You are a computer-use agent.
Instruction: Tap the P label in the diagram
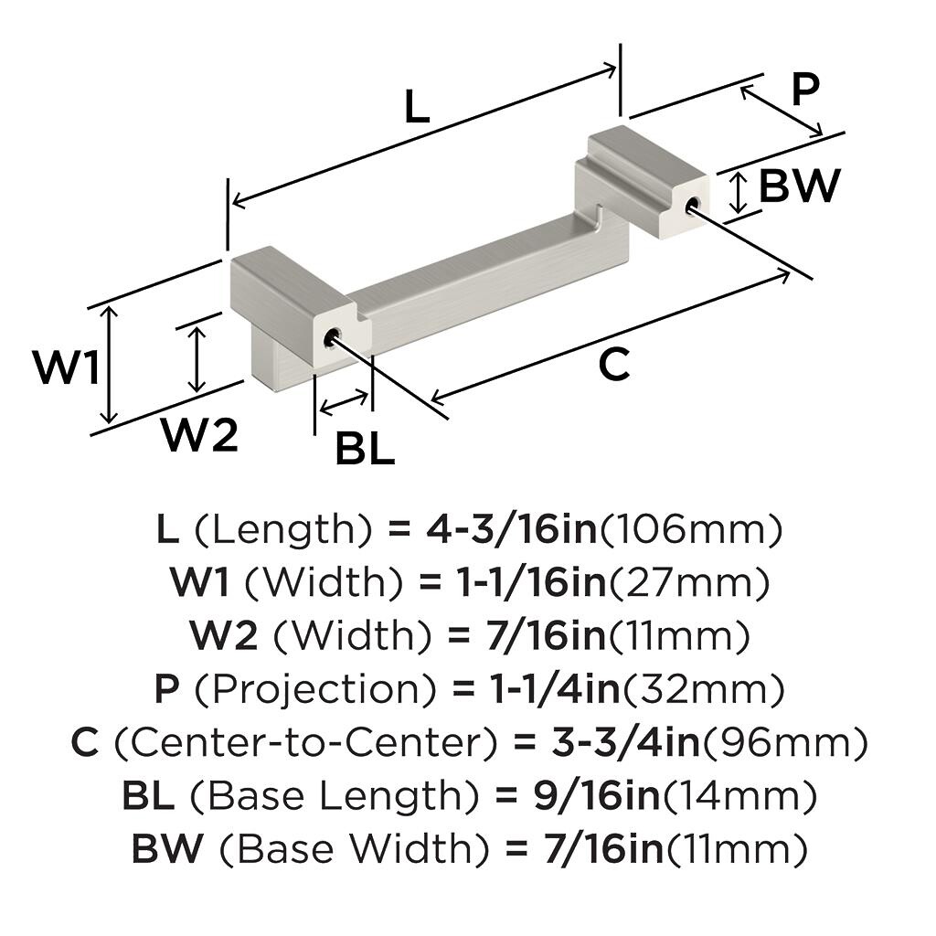click(x=804, y=90)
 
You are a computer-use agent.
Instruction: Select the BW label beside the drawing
click(x=799, y=186)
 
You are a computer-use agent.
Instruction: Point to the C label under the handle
click(x=614, y=366)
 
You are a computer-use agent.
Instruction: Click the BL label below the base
click(x=365, y=449)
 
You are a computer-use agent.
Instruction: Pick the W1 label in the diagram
click(x=66, y=368)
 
